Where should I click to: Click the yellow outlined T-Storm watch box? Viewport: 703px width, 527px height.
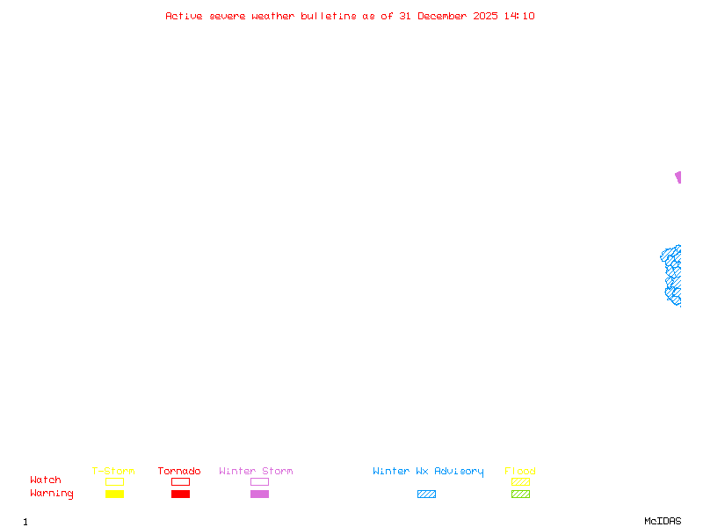[114, 481]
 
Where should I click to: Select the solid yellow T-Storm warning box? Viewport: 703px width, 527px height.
[114, 495]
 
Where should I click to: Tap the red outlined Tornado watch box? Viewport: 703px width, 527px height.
[180, 481]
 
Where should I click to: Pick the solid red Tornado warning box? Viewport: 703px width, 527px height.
[180, 495]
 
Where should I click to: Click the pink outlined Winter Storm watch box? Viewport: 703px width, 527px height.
[259, 481]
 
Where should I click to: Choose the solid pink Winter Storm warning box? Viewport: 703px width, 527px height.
[259, 495]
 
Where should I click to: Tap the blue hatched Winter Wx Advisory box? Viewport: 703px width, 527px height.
[426, 495]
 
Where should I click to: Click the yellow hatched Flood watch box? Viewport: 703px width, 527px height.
[520, 481]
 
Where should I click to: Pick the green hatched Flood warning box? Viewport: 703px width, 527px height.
[520, 495]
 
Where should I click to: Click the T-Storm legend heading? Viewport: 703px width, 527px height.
[113, 471]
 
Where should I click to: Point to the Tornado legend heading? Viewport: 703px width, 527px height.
[179, 471]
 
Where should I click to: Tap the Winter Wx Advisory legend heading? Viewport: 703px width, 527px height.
[428, 471]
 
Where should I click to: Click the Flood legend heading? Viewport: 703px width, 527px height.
[520, 471]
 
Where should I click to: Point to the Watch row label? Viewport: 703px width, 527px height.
[46, 480]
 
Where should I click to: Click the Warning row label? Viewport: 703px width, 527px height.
[52, 494]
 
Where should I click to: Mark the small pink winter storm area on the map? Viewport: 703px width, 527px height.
[678, 177]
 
